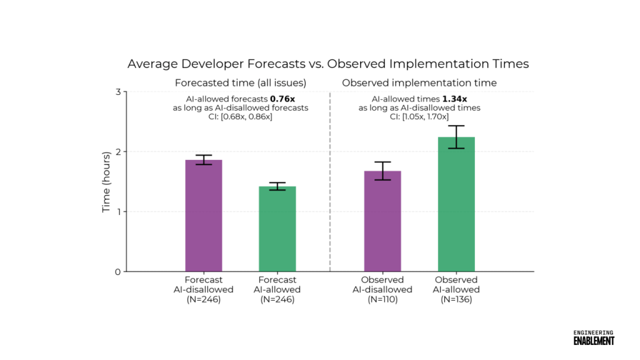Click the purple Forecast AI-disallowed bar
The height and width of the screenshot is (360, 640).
pos(204,216)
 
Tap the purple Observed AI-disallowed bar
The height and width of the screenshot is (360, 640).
pos(382,221)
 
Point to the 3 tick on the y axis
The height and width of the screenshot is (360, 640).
pos(117,92)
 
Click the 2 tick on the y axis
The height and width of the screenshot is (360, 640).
pos(117,152)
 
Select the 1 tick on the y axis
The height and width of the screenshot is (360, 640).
pos(117,212)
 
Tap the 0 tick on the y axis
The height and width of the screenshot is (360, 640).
pos(117,272)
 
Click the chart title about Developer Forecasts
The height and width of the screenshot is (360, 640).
pos(328,64)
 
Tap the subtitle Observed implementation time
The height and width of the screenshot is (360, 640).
pos(419,82)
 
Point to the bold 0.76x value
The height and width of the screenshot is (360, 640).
pos(282,99)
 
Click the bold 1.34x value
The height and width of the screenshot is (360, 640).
pos(455,99)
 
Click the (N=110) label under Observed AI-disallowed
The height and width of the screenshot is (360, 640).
pos(382,299)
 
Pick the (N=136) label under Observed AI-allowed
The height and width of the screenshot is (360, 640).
pos(456,299)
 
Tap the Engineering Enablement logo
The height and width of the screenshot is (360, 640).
pos(594,337)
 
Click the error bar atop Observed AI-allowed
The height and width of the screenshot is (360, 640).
pos(456,137)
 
